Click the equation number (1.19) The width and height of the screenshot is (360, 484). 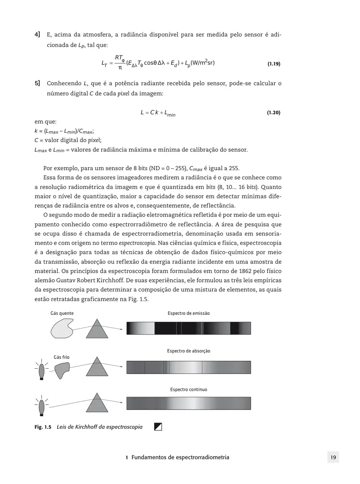[x=274, y=64]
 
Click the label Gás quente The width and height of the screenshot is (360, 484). [x=62, y=313]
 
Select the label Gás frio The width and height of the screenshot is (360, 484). [x=61, y=357]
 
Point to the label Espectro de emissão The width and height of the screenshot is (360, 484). [x=188, y=313]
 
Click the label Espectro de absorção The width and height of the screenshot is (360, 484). [x=188, y=351]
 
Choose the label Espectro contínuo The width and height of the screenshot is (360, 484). [x=188, y=389]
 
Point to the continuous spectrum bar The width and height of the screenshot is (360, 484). [x=188, y=403]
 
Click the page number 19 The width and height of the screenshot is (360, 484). [x=333, y=457]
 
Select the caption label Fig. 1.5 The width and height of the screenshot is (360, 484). [x=42, y=427]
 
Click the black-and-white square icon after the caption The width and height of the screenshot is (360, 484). [x=158, y=427]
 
